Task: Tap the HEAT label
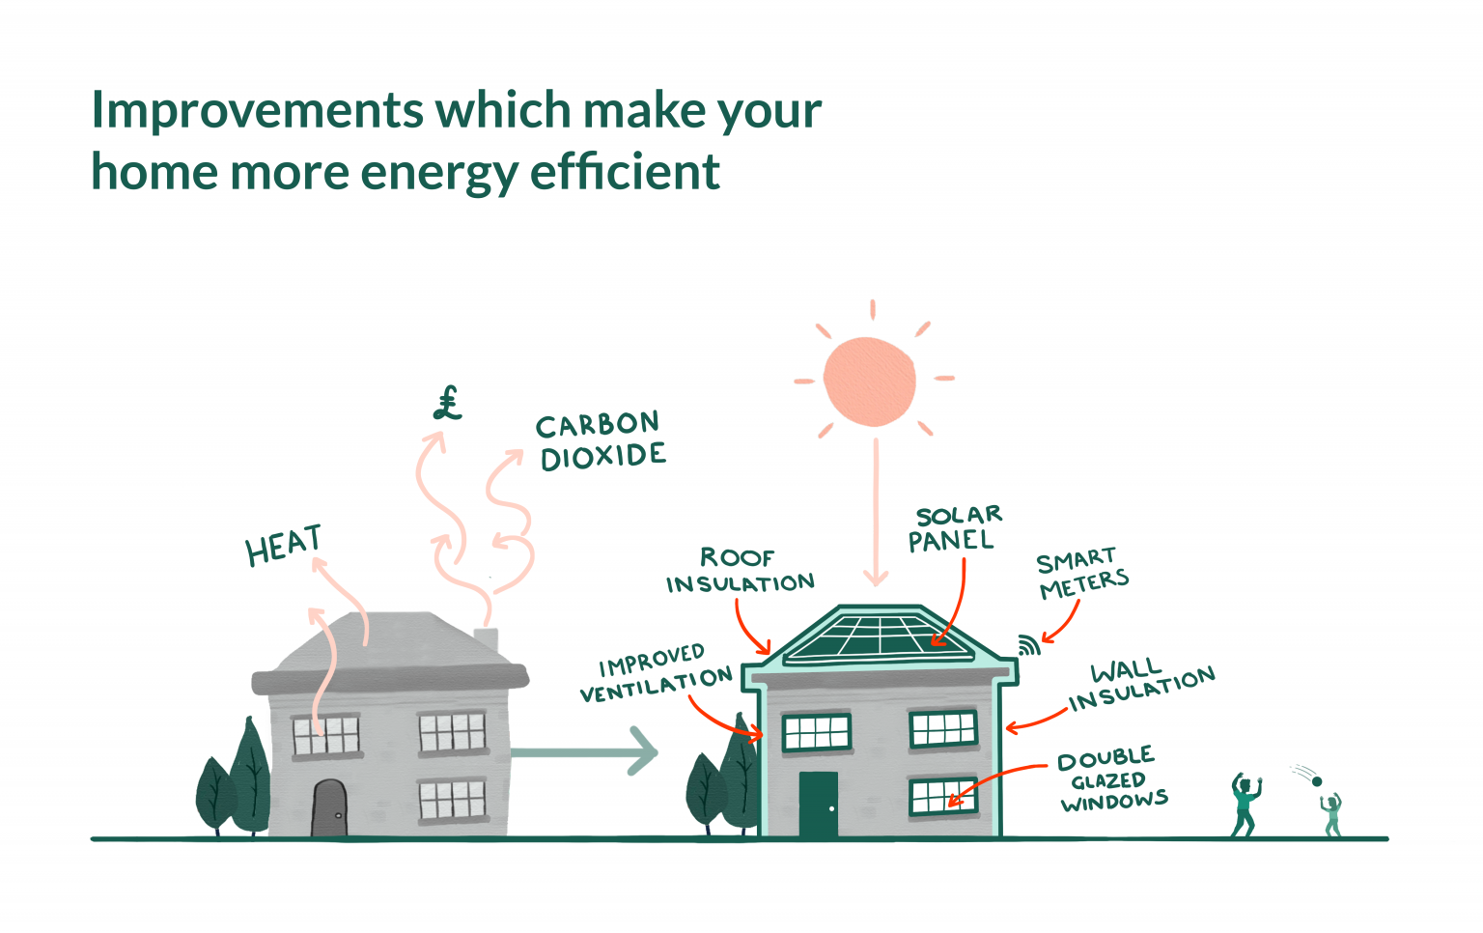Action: coord(283,547)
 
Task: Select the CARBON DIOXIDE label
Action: coord(601,440)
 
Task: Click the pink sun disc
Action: coord(869,381)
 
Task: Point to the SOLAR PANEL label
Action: coord(955,528)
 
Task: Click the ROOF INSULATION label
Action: coord(740,571)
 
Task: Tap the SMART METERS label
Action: coord(1081,573)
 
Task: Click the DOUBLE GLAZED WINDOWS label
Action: coord(1112,779)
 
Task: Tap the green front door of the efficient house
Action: coord(818,804)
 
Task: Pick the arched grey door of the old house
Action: coord(329,808)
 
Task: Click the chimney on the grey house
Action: coord(486,638)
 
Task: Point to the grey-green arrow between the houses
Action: coord(584,751)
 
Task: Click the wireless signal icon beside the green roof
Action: coord(1029,645)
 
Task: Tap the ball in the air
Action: coord(1316,780)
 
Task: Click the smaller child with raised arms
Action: coord(1332,815)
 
